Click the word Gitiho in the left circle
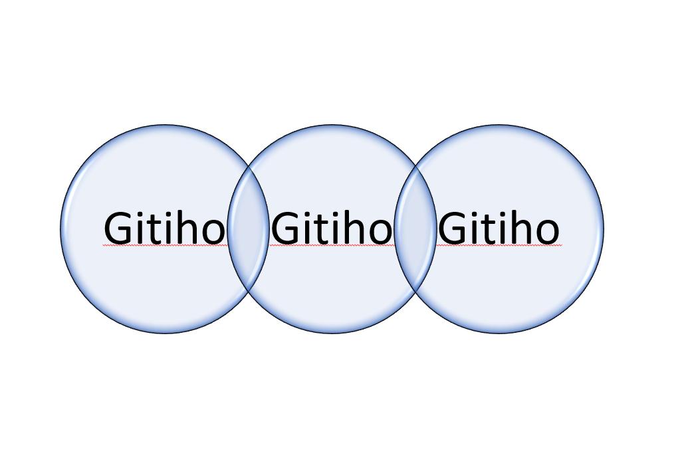click(164, 227)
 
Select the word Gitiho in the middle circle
click(332, 227)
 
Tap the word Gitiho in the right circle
click(499, 227)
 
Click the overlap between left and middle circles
click(249, 228)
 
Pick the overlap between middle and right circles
click(415, 228)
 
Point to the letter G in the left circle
click(118, 228)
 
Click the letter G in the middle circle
click(285, 228)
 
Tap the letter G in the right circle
click(452, 228)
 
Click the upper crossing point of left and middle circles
click(249, 166)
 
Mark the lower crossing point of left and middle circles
click(249, 292)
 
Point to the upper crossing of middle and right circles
click(415, 166)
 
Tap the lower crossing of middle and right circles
click(415, 292)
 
